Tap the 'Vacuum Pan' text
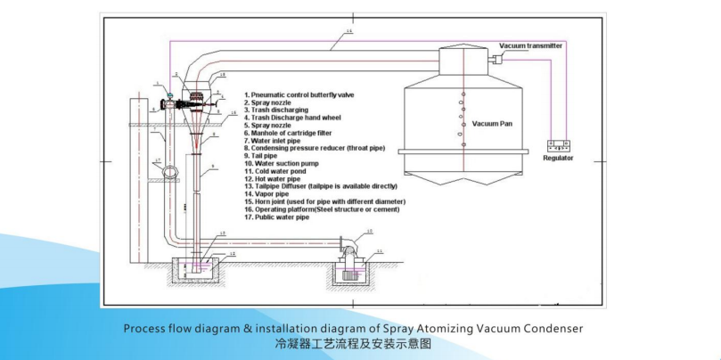point(491,123)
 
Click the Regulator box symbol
point(559,144)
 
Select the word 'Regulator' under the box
point(559,158)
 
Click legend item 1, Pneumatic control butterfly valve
point(307,94)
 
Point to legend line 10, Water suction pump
point(284,164)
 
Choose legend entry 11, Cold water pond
point(280,171)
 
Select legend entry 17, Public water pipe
point(283,217)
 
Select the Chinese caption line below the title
point(352,343)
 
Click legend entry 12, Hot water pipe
point(277,179)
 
